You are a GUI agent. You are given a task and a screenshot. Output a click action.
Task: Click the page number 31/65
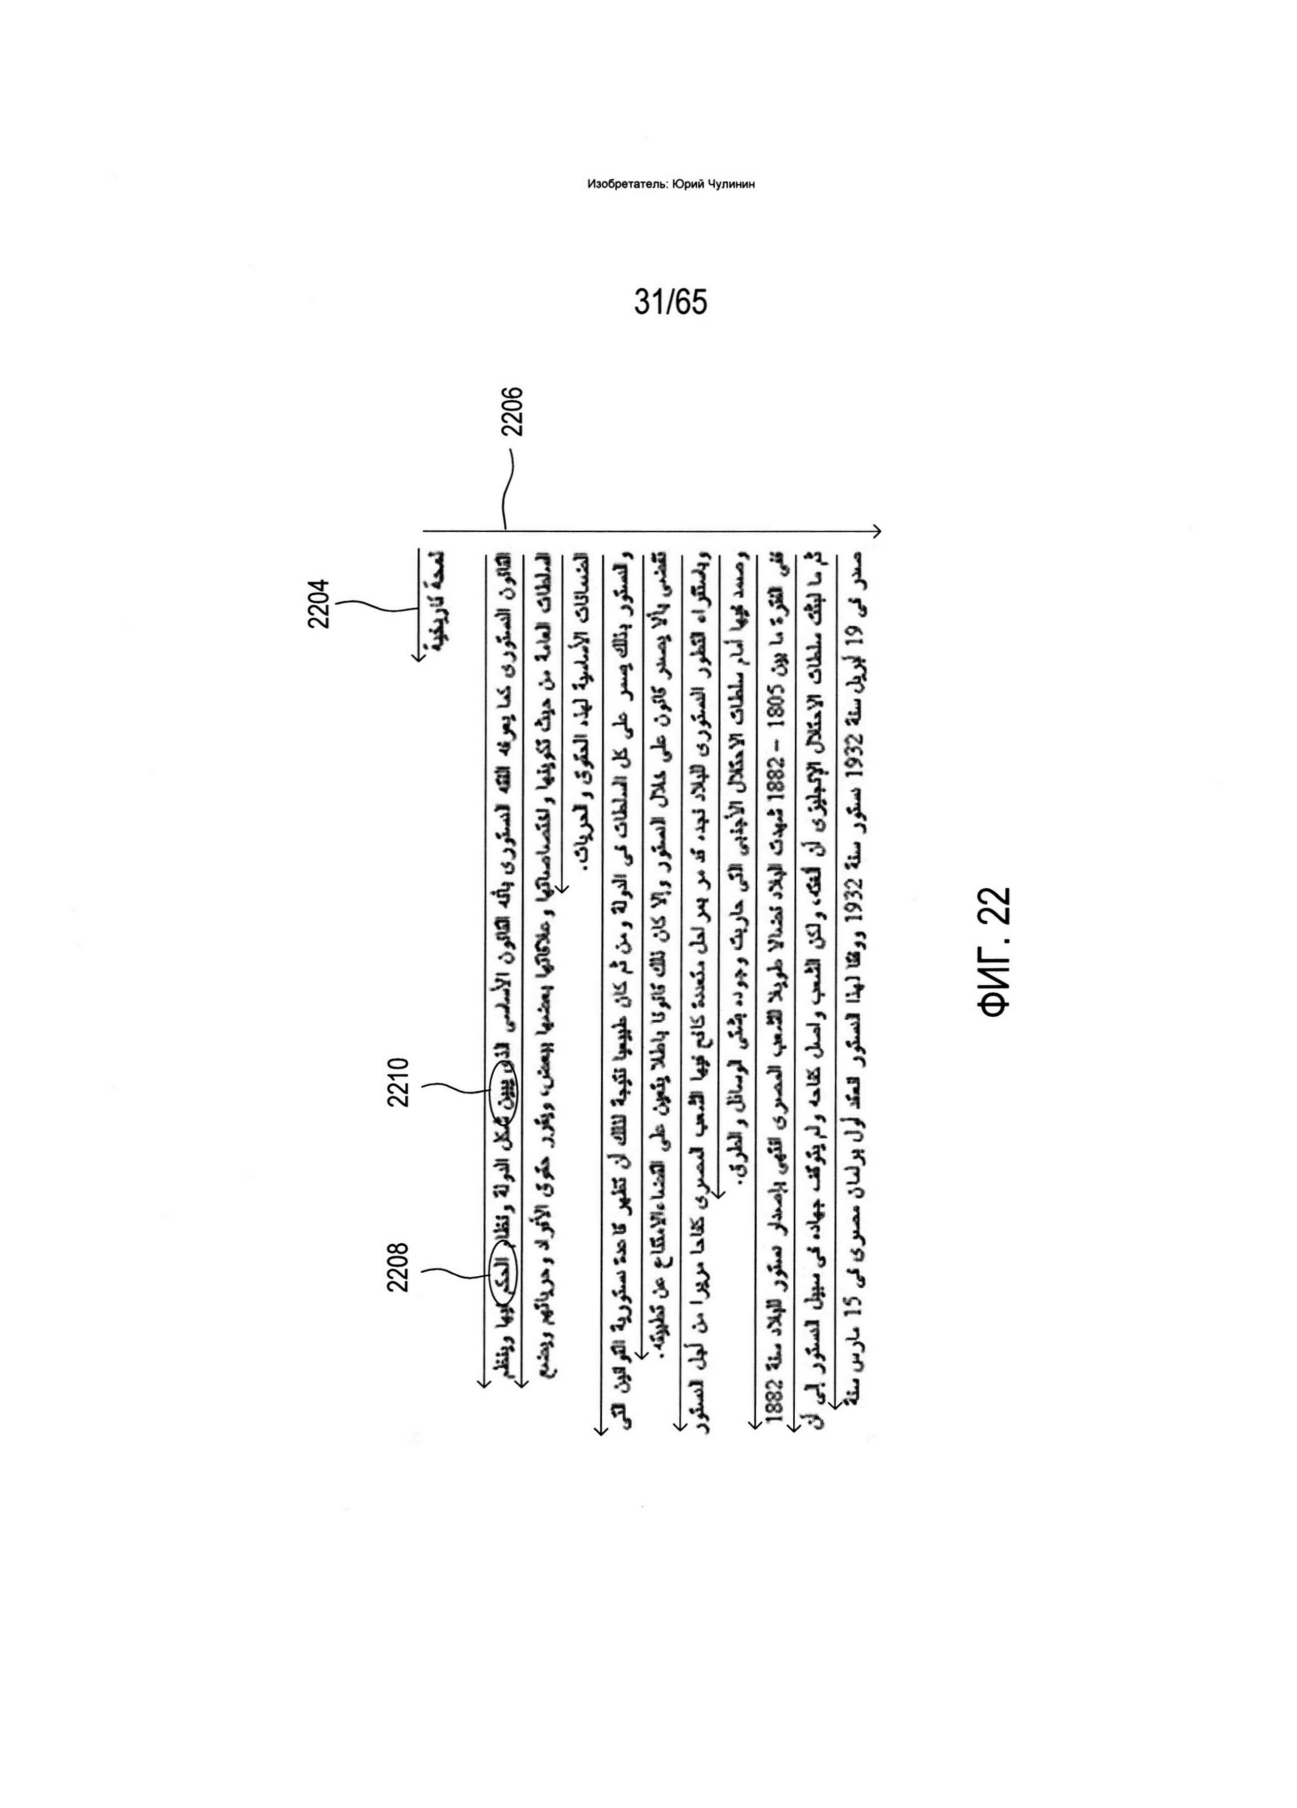670,302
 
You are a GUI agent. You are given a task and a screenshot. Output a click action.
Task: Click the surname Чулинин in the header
731,184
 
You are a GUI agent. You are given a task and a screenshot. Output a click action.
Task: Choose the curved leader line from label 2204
375,607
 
